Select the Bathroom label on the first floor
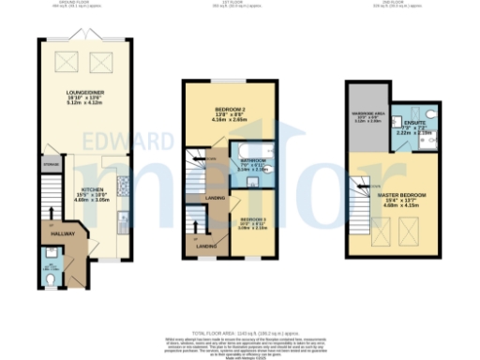pos(253,164)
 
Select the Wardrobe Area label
pos(366,117)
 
